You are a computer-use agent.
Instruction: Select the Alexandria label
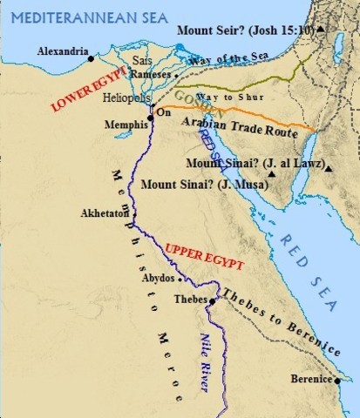63,52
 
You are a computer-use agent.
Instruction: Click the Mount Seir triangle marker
322,29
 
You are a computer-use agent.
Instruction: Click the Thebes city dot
211,301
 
